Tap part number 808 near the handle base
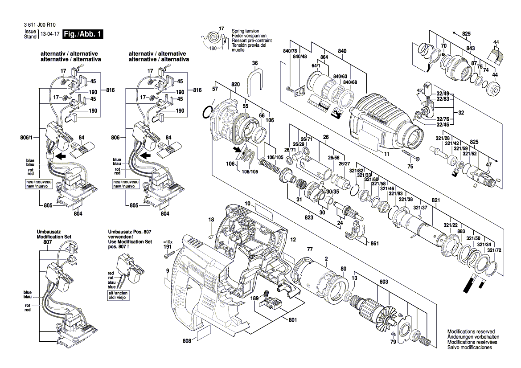pyautogui.click(x=187, y=341)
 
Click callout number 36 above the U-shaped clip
pyautogui.click(x=254, y=63)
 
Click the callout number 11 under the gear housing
pyautogui.click(x=387, y=154)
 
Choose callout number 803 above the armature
pyautogui.click(x=384, y=282)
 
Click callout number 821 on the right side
pyautogui.click(x=435, y=200)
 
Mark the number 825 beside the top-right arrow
pyautogui.click(x=466, y=34)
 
